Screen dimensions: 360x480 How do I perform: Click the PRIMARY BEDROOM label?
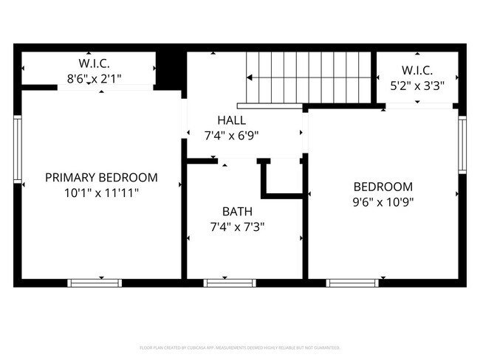(101, 177)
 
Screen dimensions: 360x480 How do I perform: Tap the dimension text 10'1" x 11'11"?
(101, 192)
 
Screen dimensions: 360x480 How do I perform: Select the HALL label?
(231, 120)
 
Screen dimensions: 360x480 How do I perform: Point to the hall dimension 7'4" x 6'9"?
(231, 135)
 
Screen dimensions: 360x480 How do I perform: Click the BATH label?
(237, 212)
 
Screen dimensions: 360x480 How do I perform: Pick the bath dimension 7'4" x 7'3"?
(237, 227)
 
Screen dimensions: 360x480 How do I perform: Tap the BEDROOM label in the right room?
(383, 187)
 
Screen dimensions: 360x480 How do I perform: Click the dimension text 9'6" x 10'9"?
(383, 202)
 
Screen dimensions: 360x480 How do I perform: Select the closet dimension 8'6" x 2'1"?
(94, 76)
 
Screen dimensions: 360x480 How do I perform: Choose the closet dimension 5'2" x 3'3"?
(418, 84)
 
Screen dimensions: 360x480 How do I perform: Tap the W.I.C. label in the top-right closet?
(418, 69)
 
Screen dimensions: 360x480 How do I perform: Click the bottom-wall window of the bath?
(230, 283)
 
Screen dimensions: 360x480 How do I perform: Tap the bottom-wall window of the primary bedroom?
(95, 283)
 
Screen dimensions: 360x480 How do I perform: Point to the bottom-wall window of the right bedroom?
(353, 283)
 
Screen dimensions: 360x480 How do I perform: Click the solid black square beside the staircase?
(169, 68)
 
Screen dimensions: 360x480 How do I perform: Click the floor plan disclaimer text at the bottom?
(240, 347)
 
